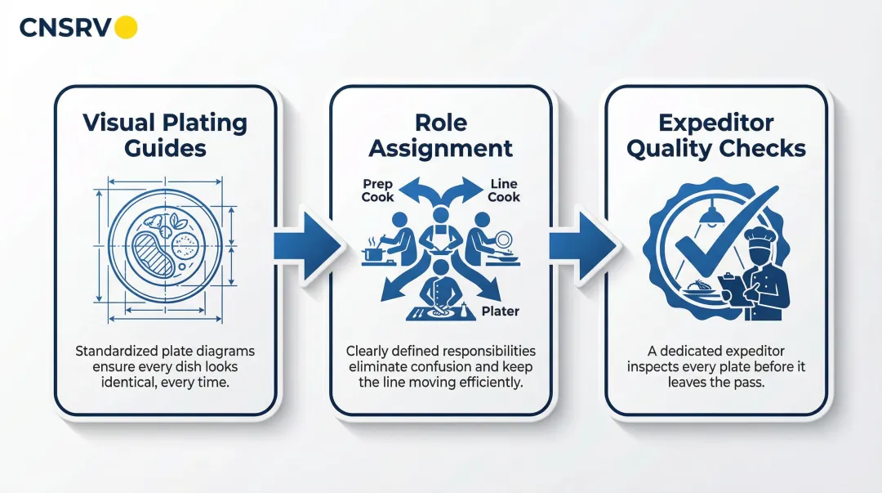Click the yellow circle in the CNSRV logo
pos(126,28)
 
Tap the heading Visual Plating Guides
pos(165,135)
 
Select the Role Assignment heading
pos(440,135)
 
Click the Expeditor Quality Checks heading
pos(716,135)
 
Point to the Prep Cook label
pos(377,190)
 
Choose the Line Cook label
pos(503,190)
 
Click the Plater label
pos(500,311)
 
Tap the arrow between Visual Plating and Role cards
pos(308,246)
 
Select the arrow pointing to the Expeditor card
pos(583,246)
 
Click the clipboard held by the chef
pos(731,287)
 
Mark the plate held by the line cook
pos(503,240)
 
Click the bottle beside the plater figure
pos(464,311)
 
